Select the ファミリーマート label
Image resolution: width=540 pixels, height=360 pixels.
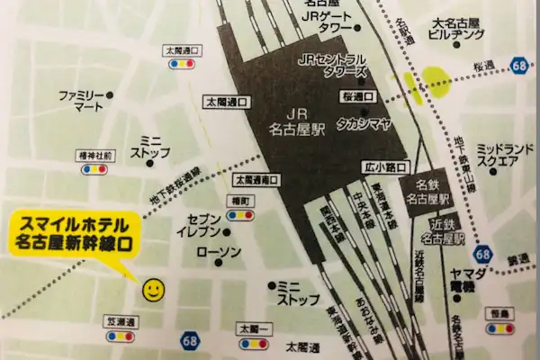point(82,100)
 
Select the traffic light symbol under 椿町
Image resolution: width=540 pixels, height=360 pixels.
point(240,216)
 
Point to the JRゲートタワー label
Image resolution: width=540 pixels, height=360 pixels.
point(329,22)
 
